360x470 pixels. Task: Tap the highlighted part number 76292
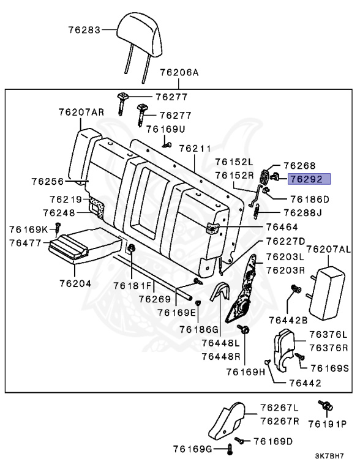[x=309, y=179]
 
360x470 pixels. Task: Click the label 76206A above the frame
[x=179, y=72]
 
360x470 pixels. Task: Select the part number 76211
[x=195, y=149]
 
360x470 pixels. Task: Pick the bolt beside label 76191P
[x=324, y=405]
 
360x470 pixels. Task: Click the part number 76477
[x=25, y=243]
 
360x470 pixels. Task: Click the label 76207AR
[x=81, y=112]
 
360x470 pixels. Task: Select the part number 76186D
[x=309, y=199]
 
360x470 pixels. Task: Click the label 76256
[x=47, y=182]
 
